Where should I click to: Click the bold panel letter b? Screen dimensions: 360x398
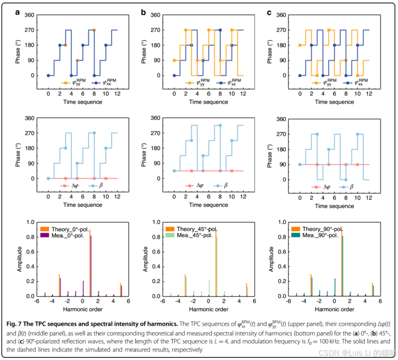pos(143,13)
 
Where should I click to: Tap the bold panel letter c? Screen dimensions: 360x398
pos(269,13)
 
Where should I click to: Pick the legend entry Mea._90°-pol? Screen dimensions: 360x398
pos(318,235)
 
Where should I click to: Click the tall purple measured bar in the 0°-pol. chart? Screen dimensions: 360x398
pos(91,266)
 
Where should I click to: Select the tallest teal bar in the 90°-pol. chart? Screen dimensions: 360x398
pos(343,266)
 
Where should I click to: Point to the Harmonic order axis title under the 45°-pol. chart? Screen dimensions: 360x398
pos(208,309)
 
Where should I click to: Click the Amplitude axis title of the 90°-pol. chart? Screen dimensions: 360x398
pos(272,259)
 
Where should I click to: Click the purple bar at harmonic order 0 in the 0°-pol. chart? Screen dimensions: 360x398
pos(83,289)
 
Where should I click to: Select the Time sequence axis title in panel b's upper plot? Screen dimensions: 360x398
pos(208,102)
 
